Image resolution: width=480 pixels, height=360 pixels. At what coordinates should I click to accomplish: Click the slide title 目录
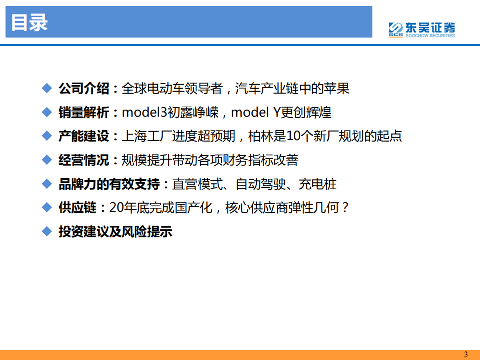pyautogui.click(x=30, y=23)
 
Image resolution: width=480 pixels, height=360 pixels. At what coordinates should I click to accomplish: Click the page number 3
pyautogui.click(x=466, y=354)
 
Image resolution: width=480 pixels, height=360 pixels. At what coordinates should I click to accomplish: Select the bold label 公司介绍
pyautogui.click(x=83, y=89)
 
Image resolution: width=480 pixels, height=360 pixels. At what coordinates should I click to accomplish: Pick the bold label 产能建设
pyautogui.click(x=83, y=136)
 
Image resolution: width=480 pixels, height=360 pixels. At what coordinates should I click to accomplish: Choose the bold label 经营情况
pyautogui.click(x=83, y=160)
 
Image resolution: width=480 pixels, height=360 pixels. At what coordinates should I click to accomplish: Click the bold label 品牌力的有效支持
pyautogui.click(x=108, y=184)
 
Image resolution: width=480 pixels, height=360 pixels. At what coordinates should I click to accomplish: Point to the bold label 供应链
pyautogui.click(x=77, y=208)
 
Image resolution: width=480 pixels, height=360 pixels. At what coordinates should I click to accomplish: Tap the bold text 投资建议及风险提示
pyautogui.click(x=115, y=232)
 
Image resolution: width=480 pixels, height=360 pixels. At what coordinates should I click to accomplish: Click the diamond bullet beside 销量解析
pyautogui.click(x=47, y=112)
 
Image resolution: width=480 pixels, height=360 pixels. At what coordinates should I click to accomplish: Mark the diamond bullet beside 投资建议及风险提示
pyautogui.click(x=47, y=231)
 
